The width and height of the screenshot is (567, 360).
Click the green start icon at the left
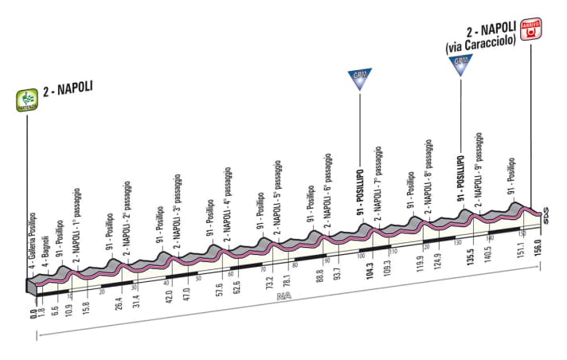pyautogui.click(x=29, y=100)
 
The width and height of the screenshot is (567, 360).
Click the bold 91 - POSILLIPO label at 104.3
pyautogui.click(x=359, y=195)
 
